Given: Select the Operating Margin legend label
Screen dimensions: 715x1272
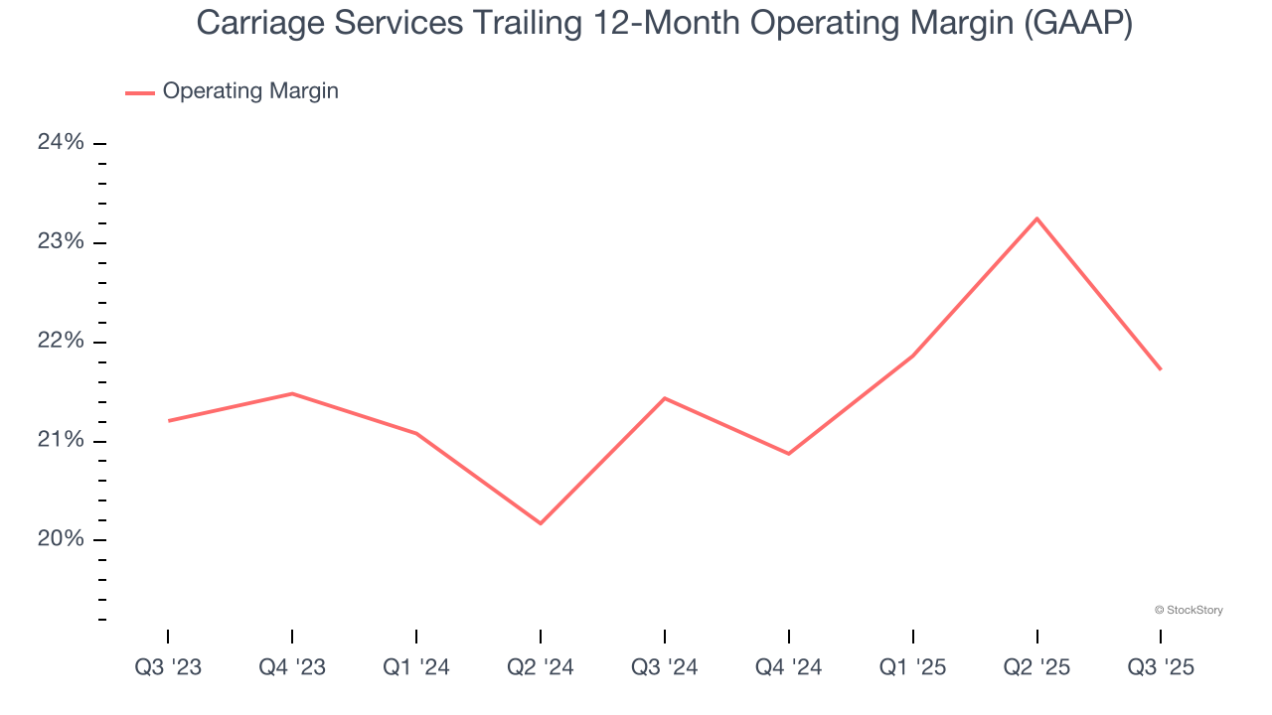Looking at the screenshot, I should tap(250, 91).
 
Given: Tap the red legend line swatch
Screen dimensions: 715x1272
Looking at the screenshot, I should tap(139, 92).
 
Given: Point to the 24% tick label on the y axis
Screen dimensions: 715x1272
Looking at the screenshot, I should tap(61, 143).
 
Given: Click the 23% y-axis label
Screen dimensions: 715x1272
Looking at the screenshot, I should tap(61, 242).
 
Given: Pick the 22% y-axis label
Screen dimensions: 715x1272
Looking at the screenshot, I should tap(61, 342).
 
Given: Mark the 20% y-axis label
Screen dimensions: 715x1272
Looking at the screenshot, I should tap(61, 539).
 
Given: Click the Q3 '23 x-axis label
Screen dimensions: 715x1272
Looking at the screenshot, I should tap(168, 668).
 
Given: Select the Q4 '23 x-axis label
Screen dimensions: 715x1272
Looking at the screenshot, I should tap(292, 668).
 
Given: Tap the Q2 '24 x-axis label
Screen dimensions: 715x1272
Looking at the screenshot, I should tap(541, 668).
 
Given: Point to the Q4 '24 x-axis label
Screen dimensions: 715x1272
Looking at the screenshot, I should tap(789, 668).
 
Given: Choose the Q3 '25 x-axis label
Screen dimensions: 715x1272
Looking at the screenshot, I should tap(1161, 668).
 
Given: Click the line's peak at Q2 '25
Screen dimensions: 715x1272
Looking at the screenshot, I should tap(1036, 218).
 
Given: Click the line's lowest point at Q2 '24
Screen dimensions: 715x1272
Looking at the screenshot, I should tap(541, 523).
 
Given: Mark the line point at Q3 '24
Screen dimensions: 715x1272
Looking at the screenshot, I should tap(664, 398).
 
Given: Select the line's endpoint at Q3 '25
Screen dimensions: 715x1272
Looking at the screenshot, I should tap(1161, 369).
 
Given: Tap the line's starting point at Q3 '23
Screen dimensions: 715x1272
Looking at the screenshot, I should tap(169, 421).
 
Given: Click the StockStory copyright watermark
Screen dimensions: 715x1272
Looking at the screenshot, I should tap(1189, 610).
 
